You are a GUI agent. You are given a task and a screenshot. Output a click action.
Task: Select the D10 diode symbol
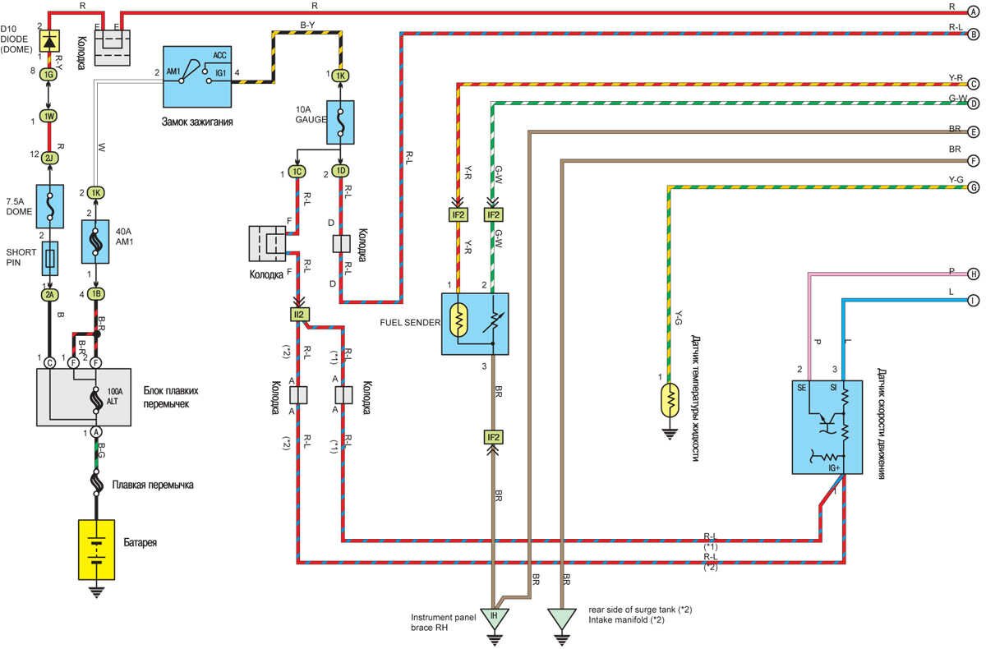(x=50, y=40)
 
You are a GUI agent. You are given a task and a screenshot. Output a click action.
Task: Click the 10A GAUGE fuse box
(x=340, y=122)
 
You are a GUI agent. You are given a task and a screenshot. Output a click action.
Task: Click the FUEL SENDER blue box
(x=475, y=324)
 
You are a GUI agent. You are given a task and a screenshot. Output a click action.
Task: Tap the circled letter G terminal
(x=974, y=187)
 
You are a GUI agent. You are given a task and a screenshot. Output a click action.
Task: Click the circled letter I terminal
(x=974, y=300)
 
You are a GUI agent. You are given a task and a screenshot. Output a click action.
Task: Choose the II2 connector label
(x=297, y=315)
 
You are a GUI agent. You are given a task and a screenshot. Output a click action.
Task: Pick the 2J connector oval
(x=50, y=157)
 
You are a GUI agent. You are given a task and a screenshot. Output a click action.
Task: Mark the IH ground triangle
(x=494, y=617)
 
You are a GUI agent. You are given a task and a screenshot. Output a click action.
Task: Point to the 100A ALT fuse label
(x=114, y=396)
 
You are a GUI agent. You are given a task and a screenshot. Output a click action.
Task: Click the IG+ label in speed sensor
(x=833, y=467)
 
